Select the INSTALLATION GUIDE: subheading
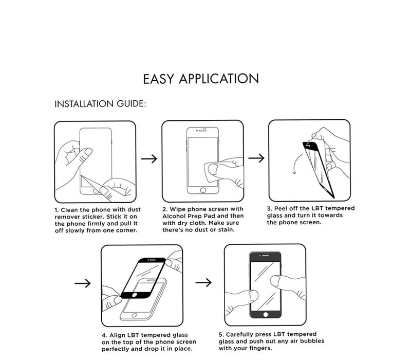click(x=100, y=104)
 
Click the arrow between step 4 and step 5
click(x=203, y=282)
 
